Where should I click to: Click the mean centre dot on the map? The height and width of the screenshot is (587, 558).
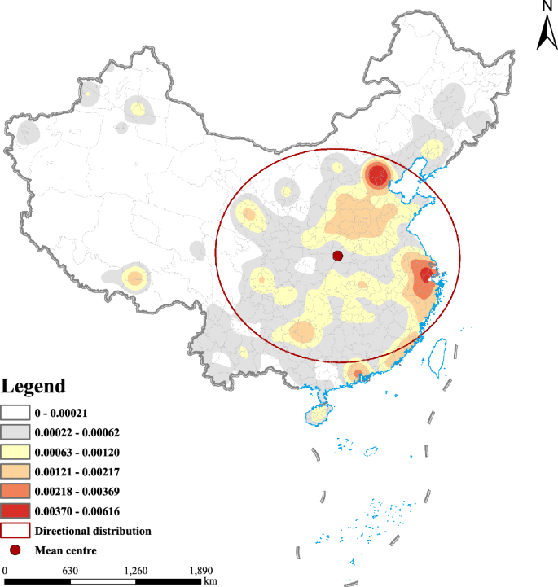338,256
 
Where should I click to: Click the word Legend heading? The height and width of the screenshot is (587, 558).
33,386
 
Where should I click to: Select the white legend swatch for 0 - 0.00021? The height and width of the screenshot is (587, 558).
16,413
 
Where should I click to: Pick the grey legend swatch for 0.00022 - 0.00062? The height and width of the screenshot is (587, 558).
16,432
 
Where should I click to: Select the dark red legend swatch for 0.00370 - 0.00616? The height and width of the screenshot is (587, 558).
16,510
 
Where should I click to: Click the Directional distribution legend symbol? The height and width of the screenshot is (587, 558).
16,530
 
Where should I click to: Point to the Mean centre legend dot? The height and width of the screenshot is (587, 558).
16,550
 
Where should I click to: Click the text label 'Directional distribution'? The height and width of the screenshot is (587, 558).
93,530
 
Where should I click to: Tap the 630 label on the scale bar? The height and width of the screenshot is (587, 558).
69,570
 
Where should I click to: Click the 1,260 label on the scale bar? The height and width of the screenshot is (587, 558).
135,570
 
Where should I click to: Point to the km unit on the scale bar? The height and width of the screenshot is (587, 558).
210,581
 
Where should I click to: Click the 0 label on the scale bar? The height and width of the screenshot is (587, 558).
5,570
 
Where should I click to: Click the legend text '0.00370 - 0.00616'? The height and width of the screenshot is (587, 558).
78,510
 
